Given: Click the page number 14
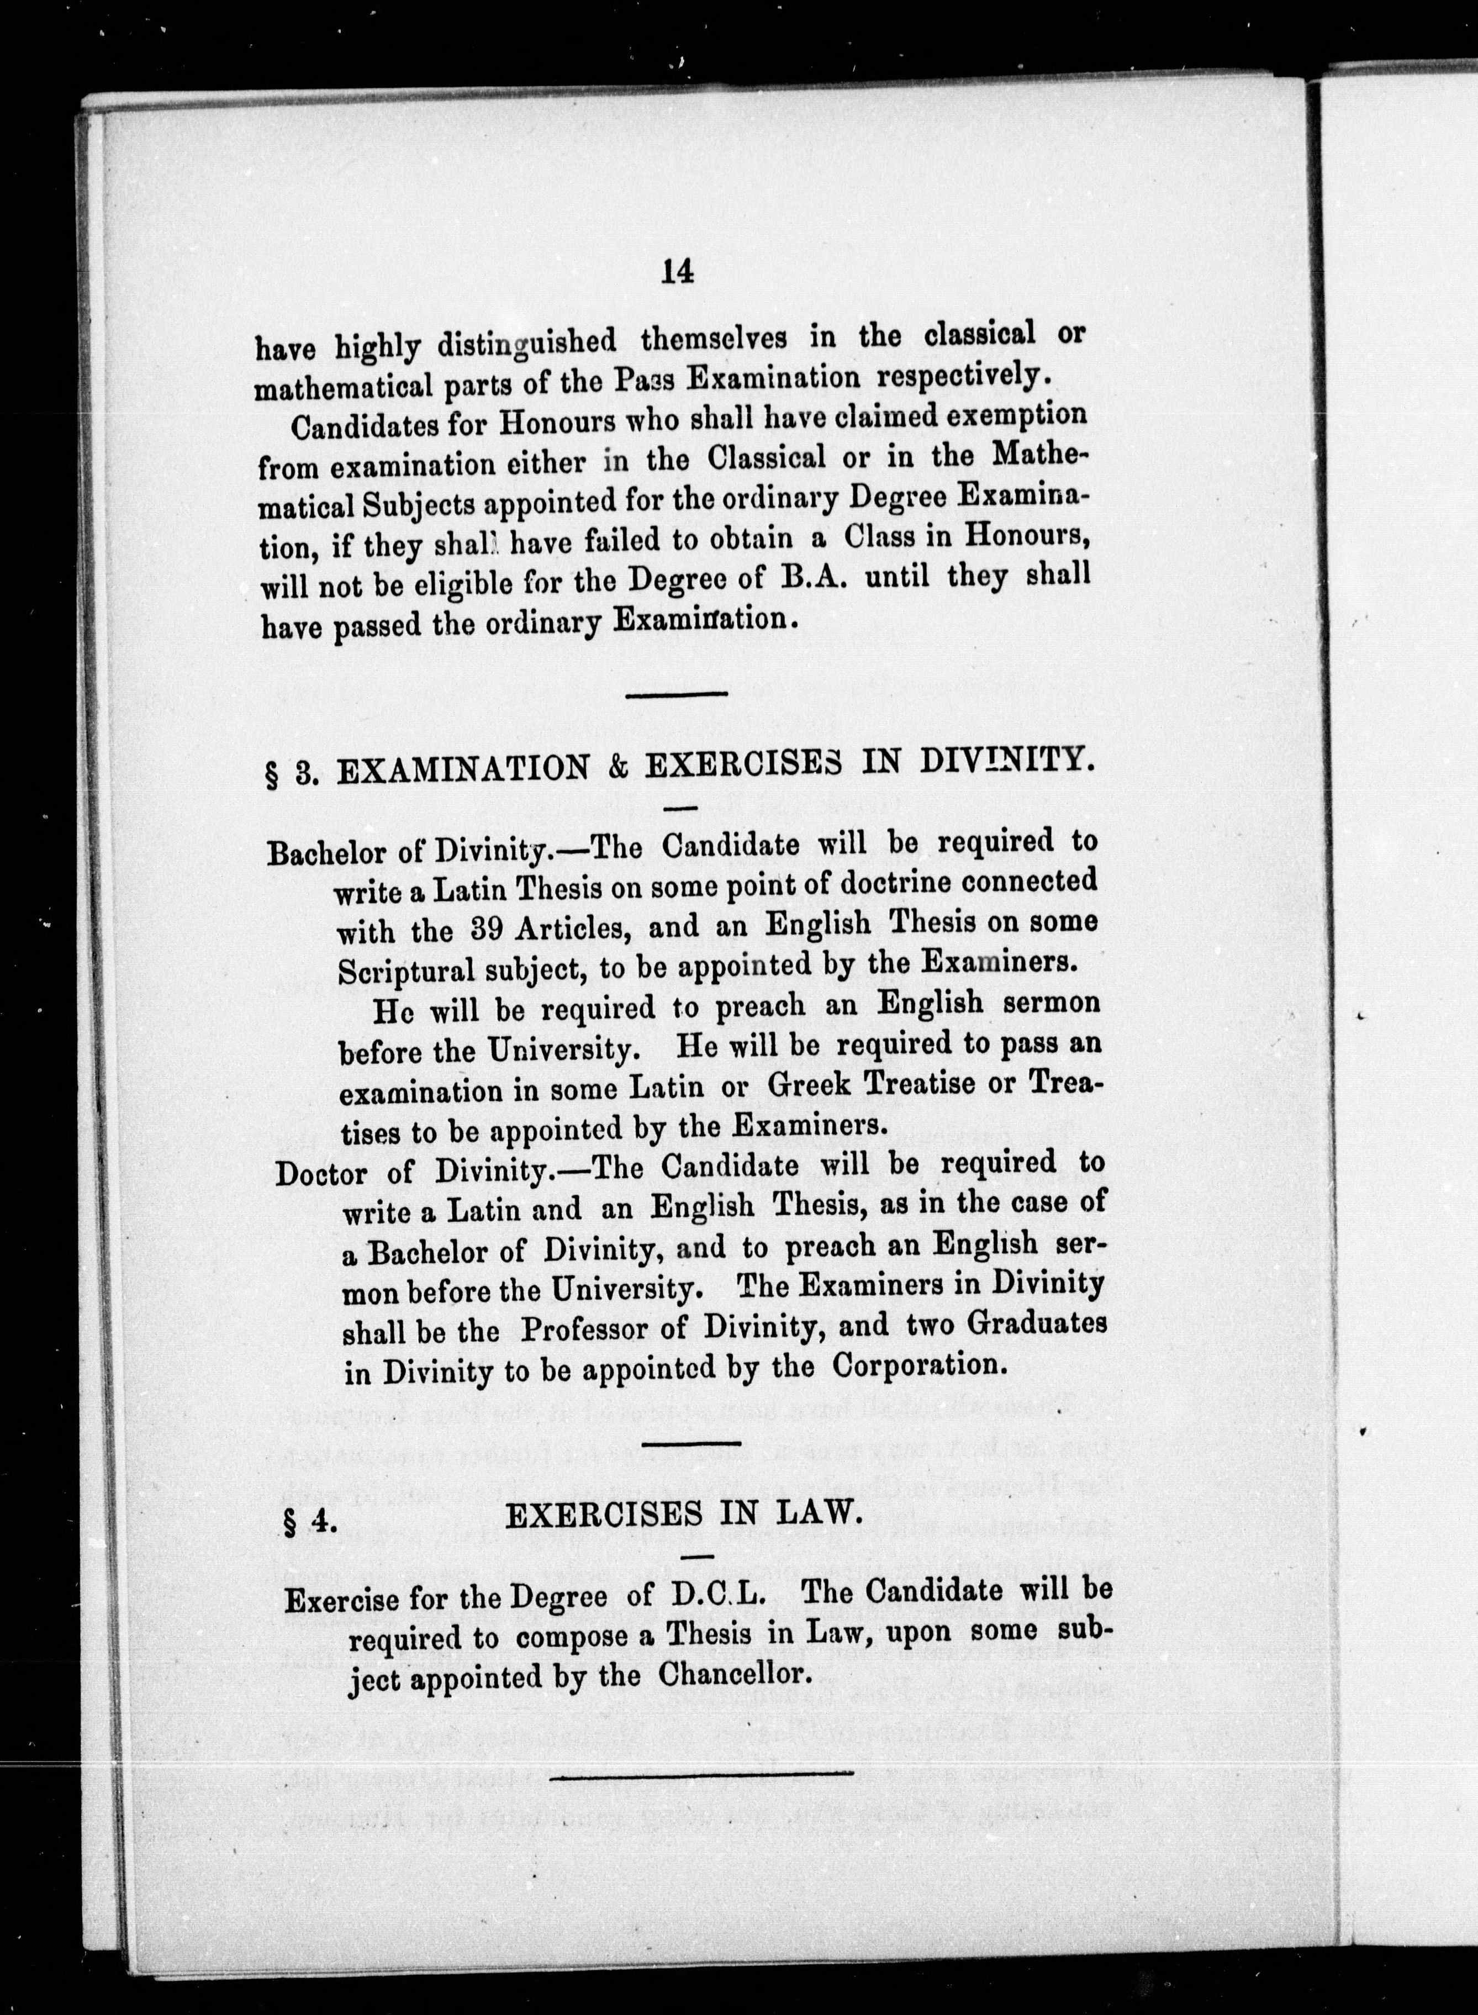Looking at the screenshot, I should pos(677,271).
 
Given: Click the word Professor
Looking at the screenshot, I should pos(586,1329).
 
